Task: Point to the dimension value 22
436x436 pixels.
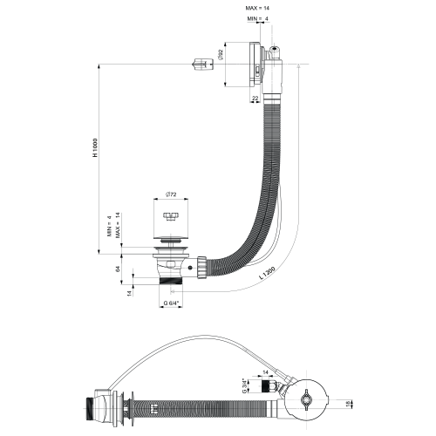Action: click(254, 97)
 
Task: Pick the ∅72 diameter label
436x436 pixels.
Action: click(171, 194)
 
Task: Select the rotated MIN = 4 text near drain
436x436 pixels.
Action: click(109, 229)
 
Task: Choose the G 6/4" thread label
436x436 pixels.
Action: click(172, 303)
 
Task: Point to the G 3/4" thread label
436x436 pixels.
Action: click(245, 385)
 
